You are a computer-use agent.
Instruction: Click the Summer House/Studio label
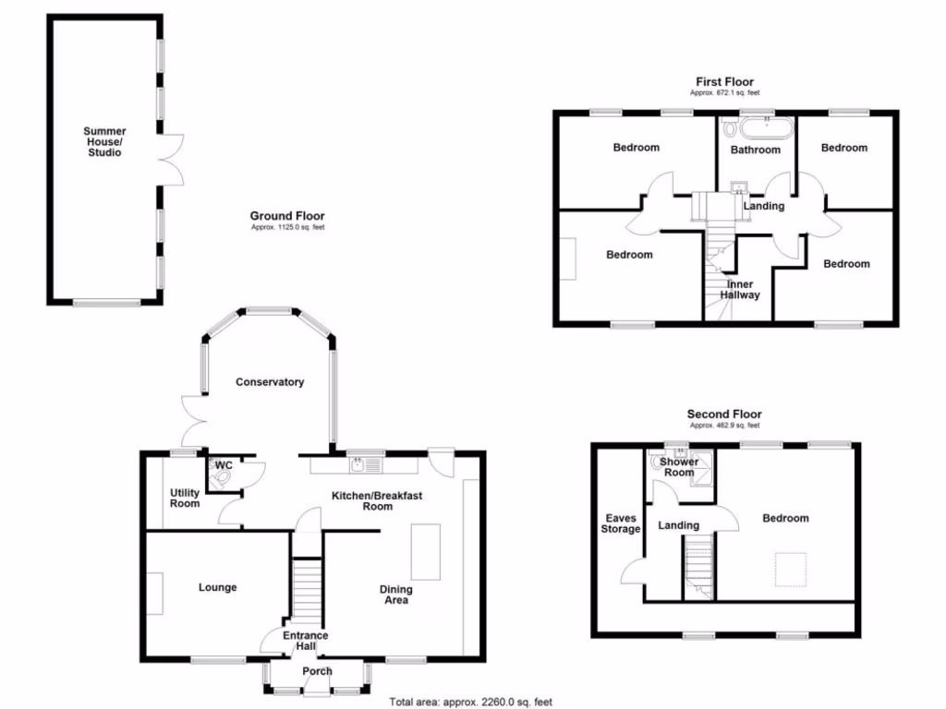[104, 142]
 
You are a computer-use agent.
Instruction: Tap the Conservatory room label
[269, 382]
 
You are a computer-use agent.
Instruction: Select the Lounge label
[218, 587]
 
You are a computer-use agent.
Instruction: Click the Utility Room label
[185, 498]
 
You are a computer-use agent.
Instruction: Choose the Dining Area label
[396, 595]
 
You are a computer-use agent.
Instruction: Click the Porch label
[317, 671]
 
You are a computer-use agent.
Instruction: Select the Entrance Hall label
[306, 641]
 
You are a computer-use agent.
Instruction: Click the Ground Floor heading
[287, 215]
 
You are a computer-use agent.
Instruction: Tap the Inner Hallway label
[741, 290]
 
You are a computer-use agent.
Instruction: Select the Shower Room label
[679, 467]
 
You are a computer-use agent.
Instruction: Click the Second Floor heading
[724, 415]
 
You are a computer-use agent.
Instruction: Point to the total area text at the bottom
[470, 702]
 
